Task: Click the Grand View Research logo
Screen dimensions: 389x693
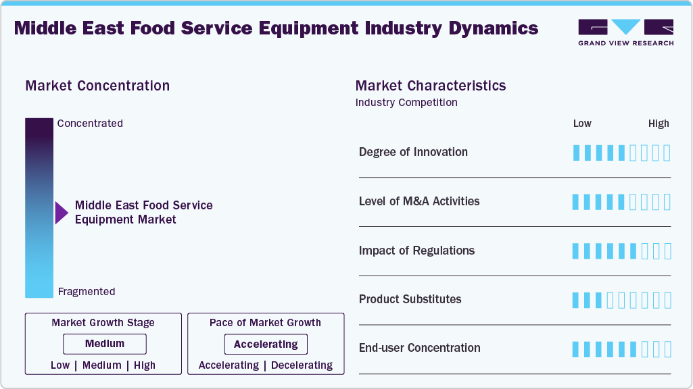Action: pos(625,32)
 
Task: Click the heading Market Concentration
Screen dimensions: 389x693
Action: pos(97,86)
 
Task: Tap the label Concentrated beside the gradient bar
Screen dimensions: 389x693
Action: pos(90,124)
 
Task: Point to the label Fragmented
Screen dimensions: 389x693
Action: pos(87,292)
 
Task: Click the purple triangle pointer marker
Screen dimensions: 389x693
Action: pos(61,213)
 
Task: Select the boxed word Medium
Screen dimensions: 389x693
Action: pos(105,344)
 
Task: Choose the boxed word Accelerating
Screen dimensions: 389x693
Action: pos(266,344)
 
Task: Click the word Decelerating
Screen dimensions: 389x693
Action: pos(302,365)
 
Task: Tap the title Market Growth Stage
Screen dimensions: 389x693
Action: pos(103,323)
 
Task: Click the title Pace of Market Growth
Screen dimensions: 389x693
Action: pos(265,323)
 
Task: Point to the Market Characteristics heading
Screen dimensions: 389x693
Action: pos(430,86)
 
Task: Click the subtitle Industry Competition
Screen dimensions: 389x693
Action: pos(406,103)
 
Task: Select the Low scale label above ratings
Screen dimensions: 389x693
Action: pos(582,124)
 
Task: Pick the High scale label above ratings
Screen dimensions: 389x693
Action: pos(659,124)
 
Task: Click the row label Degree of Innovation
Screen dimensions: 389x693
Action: pos(413,152)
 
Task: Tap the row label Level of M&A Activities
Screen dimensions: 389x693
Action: pos(419,201)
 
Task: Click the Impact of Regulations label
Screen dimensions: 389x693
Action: pos(416,251)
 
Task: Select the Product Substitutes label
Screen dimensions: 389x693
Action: pos(410,299)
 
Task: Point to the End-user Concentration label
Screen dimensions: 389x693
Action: pos(419,348)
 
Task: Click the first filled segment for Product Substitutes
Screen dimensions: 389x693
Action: pos(576,300)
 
